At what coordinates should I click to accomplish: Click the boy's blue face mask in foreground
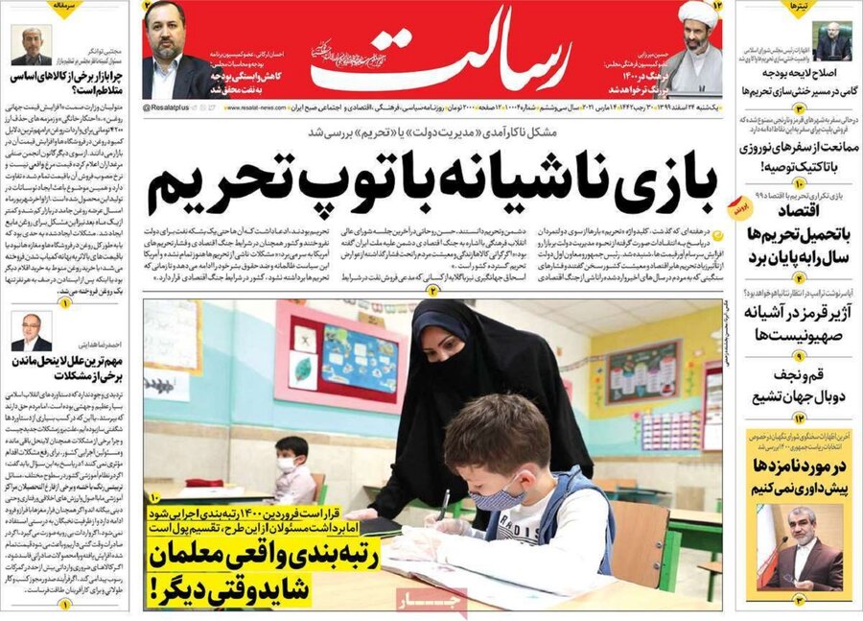tap(498, 498)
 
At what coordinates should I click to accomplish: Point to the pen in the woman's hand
tap(443, 503)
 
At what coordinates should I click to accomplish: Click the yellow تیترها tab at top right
tap(801, 8)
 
